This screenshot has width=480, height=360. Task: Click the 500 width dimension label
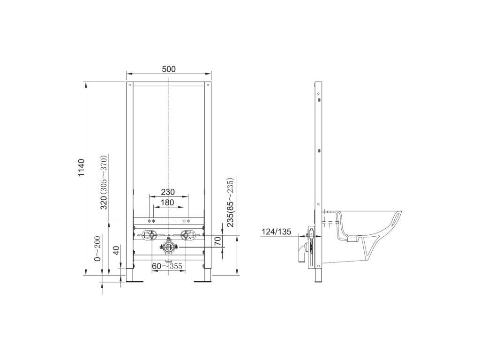click(x=169, y=69)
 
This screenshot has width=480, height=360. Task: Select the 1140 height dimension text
click(x=81, y=168)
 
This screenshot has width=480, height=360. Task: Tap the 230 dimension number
click(x=168, y=192)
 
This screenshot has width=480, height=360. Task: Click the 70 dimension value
click(x=217, y=241)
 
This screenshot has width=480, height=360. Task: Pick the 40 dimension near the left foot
click(x=116, y=250)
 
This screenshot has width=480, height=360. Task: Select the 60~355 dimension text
click(x=167, y=266)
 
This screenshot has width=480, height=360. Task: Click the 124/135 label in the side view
click(x=276, y=232)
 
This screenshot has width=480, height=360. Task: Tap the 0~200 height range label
click(x=97, y=248)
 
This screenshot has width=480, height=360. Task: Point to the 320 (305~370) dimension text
click(x=104, y=182)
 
